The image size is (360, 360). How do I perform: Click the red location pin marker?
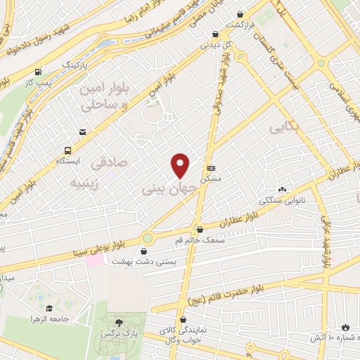point(181,165)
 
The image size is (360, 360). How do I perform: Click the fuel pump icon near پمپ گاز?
point(37,72)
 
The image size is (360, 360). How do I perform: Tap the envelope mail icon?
point(83,131)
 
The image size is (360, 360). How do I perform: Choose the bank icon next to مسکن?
point(212,168)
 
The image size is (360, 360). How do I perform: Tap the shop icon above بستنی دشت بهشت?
point(145,250)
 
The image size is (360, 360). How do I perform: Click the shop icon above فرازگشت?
point(241,14)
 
